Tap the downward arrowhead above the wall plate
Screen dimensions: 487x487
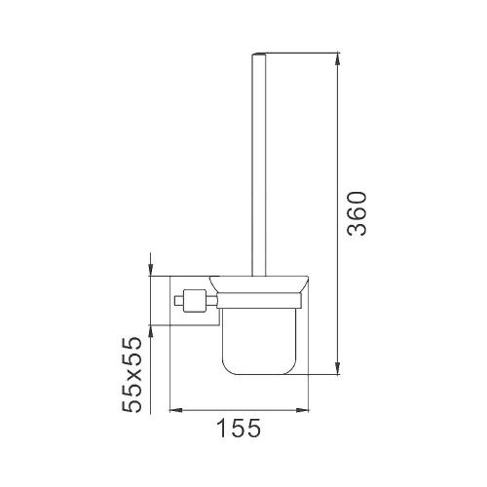pyautogui.click(x=152, y=269)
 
